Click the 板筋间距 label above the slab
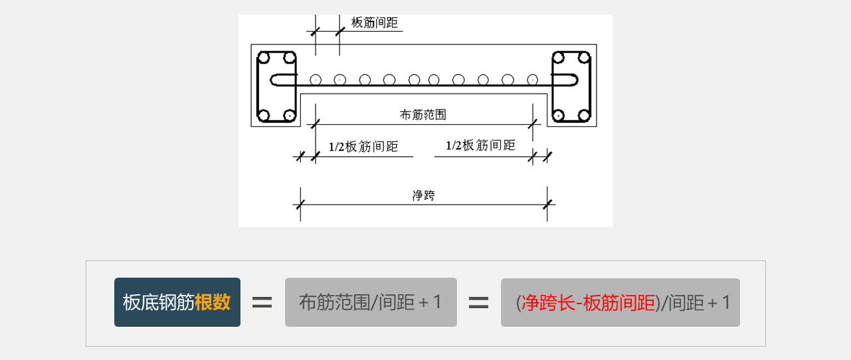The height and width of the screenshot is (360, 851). point(375,23)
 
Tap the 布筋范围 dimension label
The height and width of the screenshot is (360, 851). point(423,114)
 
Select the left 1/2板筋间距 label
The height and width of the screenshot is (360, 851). point(363,147)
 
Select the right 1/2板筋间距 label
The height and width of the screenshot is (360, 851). point(480,145)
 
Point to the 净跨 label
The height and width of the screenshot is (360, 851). point(423,195)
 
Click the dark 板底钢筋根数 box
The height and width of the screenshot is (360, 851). point(177,302)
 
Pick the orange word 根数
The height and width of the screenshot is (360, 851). point(213,302)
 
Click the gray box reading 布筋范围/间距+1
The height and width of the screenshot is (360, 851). point(371,302)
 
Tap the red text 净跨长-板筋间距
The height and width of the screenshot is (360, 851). point(589,303)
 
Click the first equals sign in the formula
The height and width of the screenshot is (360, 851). point(262,303)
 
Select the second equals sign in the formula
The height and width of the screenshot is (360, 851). point(478,303)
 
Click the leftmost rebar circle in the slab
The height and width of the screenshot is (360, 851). point(316,80)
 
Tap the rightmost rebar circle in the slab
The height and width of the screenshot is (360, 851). point(532,80)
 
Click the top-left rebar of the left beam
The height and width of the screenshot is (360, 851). point(264,58)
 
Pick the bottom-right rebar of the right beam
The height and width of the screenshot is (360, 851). point(584,115)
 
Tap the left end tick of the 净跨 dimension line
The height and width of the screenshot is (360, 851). point(300,205)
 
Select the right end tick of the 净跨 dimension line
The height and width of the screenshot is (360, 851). point(547,205)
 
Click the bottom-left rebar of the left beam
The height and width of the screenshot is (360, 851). point(264,115)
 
